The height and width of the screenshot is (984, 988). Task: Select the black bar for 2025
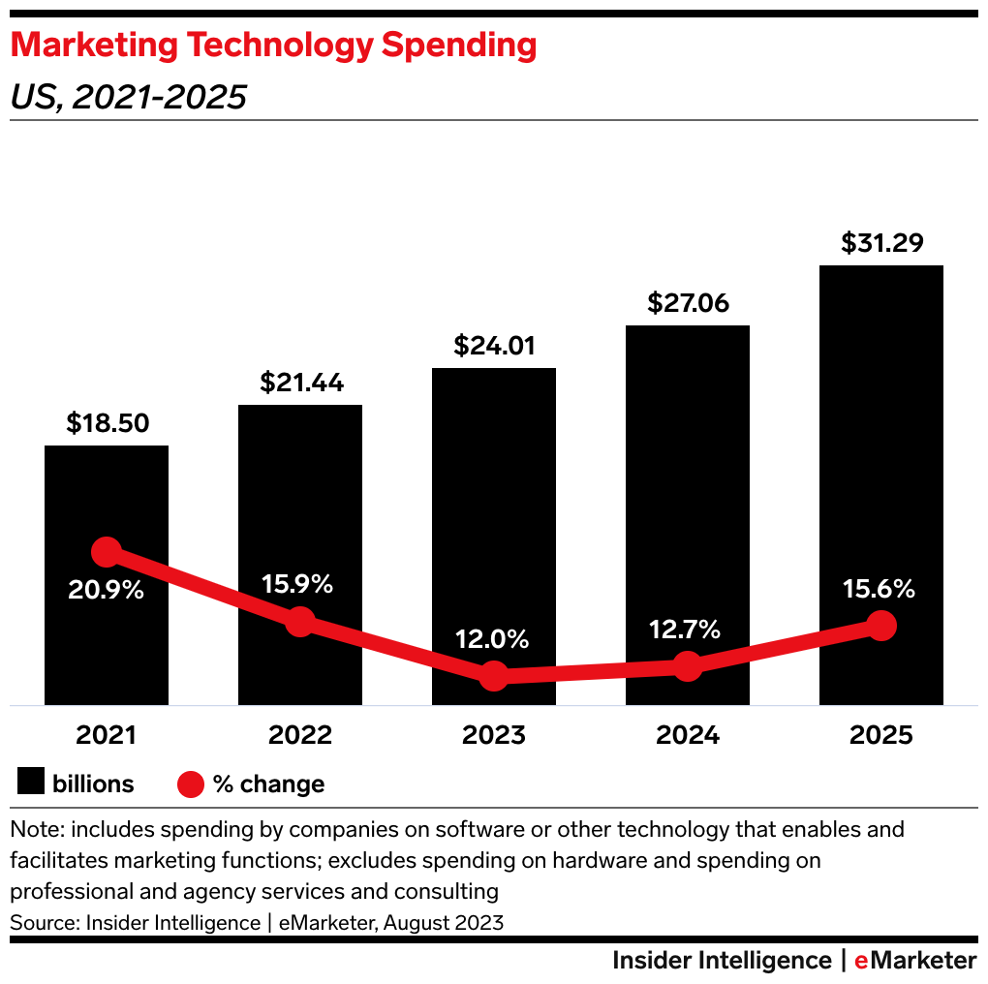[x=880, y=436]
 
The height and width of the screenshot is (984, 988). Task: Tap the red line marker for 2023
[x=494, y=676]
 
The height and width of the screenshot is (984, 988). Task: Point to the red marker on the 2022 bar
[x=300, y=622]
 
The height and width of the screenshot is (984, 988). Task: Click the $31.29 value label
[x=880, y=243]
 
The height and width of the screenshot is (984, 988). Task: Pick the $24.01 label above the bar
[x=494, y=346]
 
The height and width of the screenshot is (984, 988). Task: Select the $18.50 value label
[x=107, y=423]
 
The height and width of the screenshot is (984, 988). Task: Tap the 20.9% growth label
[x=107, y=589]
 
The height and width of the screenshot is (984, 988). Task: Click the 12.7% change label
[x=687, y=630]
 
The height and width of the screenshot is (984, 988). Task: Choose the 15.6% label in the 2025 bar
[x=880, y=589]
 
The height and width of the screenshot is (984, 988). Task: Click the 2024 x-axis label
[x=687, y=735]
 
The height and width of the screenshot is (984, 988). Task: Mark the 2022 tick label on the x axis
[x=300, y=735]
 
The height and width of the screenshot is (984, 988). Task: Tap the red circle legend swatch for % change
[x=191, y=784]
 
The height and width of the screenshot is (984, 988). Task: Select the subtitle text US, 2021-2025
[x=128, y=97]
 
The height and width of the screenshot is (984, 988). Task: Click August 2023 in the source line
[x=444, y=922]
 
